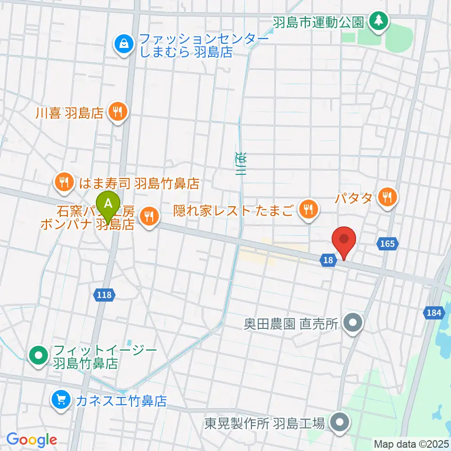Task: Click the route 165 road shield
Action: pyautogui.click(x=388, y=243)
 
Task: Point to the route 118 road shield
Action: pyautogui.click(x=104, y=295)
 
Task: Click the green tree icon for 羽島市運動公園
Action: pyautogui.click(x=378, y=20)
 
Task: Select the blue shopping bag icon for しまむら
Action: pyautogui.click(x=123, y=45)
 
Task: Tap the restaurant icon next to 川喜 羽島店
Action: pyautogui.click(x=117, y=112)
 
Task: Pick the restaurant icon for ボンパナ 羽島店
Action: pyautogui.click(x=149, y=216)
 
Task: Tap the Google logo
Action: pyautogui.click(x=31, y=440)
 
